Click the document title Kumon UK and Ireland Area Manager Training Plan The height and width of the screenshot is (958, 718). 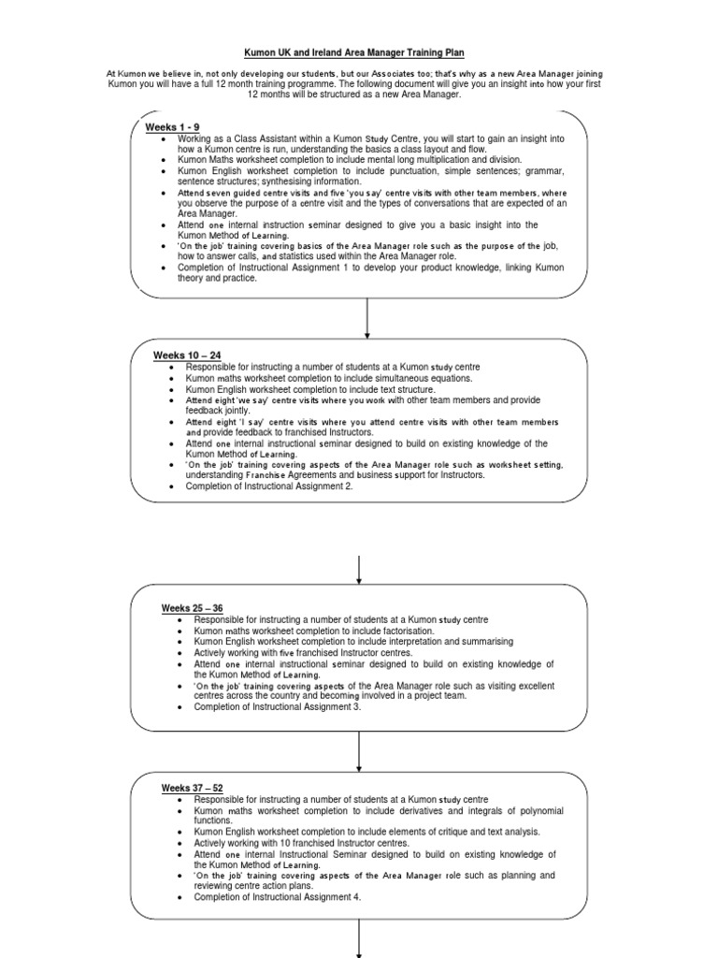[359, 54]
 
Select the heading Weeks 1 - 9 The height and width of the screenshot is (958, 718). [172, 126]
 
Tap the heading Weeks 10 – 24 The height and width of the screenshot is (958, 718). [187, 356]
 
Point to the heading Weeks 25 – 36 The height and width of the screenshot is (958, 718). [193, 608]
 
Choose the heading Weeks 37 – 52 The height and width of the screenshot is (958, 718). [193, 789]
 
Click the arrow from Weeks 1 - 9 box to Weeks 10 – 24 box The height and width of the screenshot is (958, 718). [367, 318]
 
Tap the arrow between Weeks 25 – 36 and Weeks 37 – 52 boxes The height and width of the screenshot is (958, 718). [360, 751]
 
